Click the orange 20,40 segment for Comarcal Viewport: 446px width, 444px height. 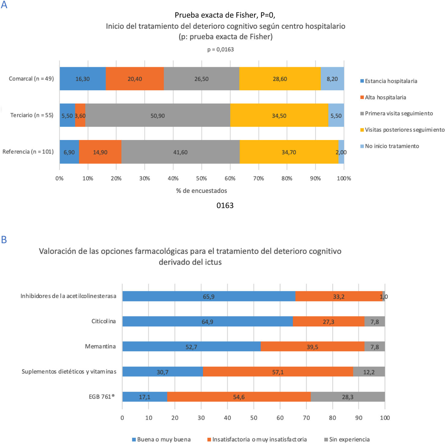tap(135, 79)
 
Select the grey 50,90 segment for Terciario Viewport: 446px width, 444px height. tap(158, 116)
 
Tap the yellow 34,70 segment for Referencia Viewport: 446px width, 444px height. tap(289, 152)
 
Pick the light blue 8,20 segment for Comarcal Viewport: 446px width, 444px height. tap(332, 79)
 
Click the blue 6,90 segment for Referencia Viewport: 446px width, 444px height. tap(69, 152)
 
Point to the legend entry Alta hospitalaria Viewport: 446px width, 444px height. tap(385, 97)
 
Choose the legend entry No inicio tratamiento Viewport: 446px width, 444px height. tap(392, 146)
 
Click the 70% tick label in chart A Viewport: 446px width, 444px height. tap(258, 179)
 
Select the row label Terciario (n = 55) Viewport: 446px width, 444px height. tap(32, 115)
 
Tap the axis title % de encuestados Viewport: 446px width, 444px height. tap(201, 191)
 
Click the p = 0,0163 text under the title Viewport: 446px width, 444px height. tap(220, 49)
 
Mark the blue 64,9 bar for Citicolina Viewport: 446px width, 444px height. tap(207, 322)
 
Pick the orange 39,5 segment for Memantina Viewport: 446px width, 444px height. tap(312, 347)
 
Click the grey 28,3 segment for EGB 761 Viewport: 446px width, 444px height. tap(347, 397)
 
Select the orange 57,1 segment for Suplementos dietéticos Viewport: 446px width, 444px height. tap(278, 372)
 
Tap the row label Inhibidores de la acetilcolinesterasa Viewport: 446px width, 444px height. tap(68, 296)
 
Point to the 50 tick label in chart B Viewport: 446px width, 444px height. tap(254, 418)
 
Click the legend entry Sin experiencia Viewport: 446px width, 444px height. tap(349, 439)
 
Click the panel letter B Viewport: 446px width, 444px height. tap(4, 240)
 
